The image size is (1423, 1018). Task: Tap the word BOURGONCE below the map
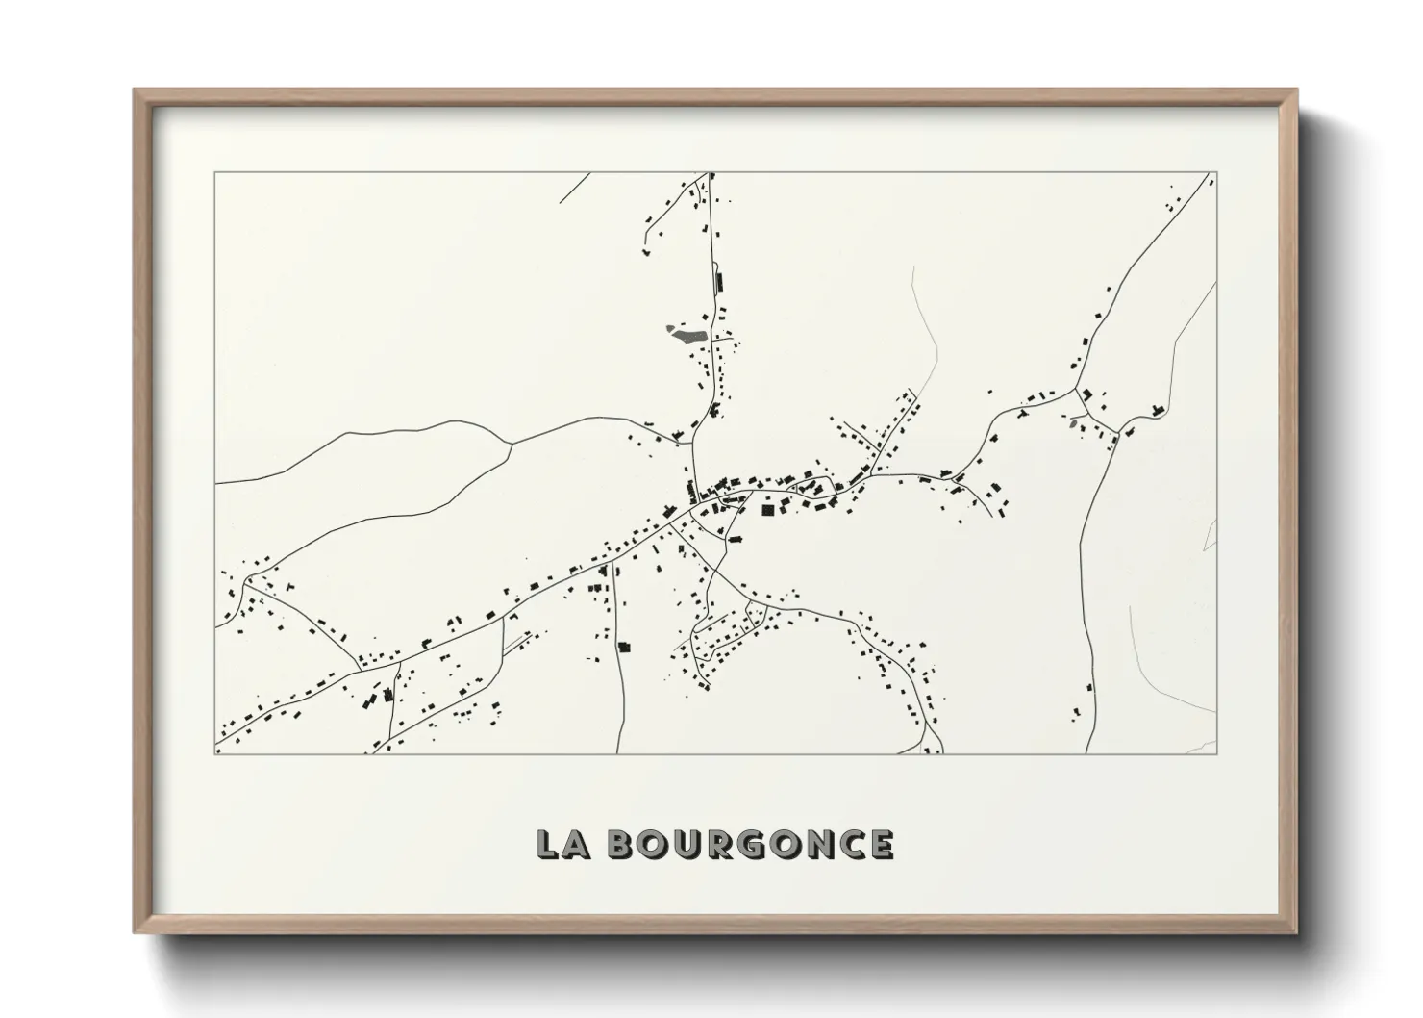[x=751, y=844]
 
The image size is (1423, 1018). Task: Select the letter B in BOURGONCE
[x=627, y=844]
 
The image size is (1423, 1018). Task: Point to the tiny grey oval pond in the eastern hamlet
[x=1072, y=421]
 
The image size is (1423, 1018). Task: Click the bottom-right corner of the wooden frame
[x=1296, y=932]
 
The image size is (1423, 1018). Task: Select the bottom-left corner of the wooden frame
[x=136, y=932]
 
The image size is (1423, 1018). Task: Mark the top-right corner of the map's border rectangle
[x=1216, y=172]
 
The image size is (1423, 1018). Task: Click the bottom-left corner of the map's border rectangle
[x=215, y=753]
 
